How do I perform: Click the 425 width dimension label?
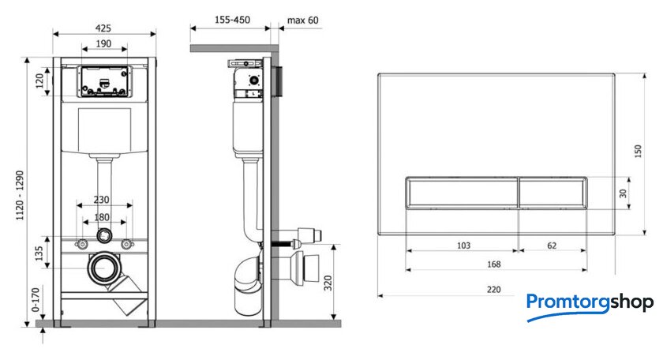coord(103,28)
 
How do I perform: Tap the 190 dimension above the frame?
coord(103,43)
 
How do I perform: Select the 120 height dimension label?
coord(39,81)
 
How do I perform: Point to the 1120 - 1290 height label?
coord(20,195)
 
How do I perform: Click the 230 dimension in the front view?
coord(102,200)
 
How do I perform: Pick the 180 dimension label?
coord(102,217)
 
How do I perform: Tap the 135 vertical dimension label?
coord(39,253)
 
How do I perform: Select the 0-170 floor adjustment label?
coord(36,299)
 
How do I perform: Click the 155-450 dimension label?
coord(232,20)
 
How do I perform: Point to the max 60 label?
coord(303,21)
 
